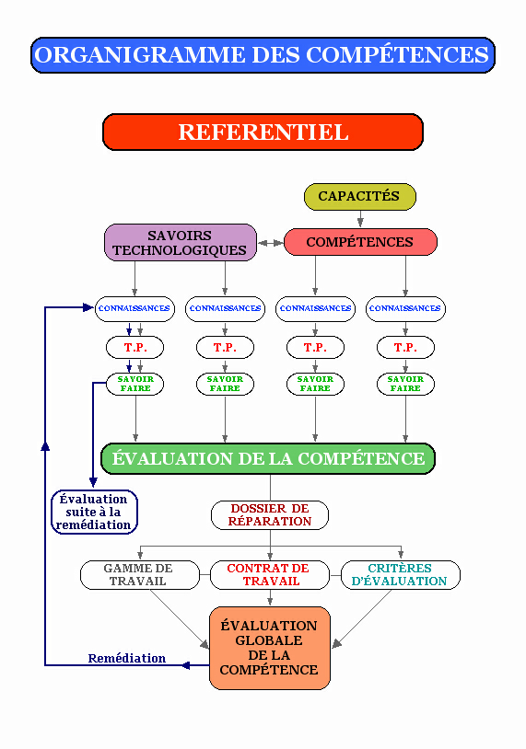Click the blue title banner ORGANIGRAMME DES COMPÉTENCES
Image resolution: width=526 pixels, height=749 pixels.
(263, 55)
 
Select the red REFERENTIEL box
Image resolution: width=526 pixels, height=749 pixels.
(263, 132)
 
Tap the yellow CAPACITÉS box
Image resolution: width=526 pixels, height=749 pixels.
(360, 196)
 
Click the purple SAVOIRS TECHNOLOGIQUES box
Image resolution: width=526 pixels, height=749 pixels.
(181, 243)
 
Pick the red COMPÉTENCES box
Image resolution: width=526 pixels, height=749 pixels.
(360, 242)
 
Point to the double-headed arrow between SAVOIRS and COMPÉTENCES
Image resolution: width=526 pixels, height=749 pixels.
(271, 243)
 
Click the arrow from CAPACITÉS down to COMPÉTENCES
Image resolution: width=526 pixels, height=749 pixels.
(360, 219)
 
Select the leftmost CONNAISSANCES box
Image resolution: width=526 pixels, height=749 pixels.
(134, 308)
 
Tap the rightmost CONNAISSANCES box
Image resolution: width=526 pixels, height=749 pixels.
(405, 308)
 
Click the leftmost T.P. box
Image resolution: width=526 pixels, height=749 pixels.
(134, 347)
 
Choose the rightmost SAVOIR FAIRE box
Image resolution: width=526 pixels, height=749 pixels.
(405, 384)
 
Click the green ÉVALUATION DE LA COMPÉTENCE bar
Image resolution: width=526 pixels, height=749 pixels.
(268, 458)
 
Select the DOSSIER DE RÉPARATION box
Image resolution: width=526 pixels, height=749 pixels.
(270, 515)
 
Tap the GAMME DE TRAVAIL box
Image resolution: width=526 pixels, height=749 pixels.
(140, 575)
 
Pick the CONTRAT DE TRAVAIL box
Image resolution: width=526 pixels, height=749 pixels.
(270, 575)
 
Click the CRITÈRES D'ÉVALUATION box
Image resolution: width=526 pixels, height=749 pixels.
(400, 575)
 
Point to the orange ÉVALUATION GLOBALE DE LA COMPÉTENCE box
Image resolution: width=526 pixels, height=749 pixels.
(270, 648)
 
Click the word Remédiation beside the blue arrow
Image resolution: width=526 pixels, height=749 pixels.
(127, 658)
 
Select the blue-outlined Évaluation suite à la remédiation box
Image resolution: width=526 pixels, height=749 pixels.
(94, 513)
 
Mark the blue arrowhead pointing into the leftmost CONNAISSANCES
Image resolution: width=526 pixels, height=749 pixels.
(88, 307)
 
